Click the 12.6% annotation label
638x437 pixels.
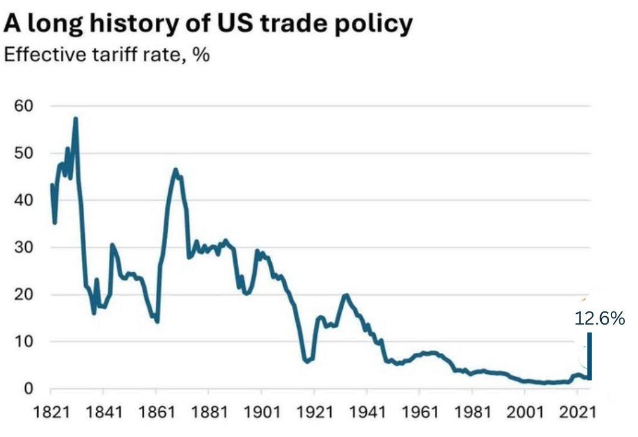600,319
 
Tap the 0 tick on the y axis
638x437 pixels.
29,389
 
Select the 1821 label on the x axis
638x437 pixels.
51,414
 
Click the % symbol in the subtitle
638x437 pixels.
200,56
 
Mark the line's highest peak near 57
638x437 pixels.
76,118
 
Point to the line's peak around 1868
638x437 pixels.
176,170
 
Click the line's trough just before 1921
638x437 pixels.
307,362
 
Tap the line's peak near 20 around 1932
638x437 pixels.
345,295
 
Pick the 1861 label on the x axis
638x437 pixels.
156,414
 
